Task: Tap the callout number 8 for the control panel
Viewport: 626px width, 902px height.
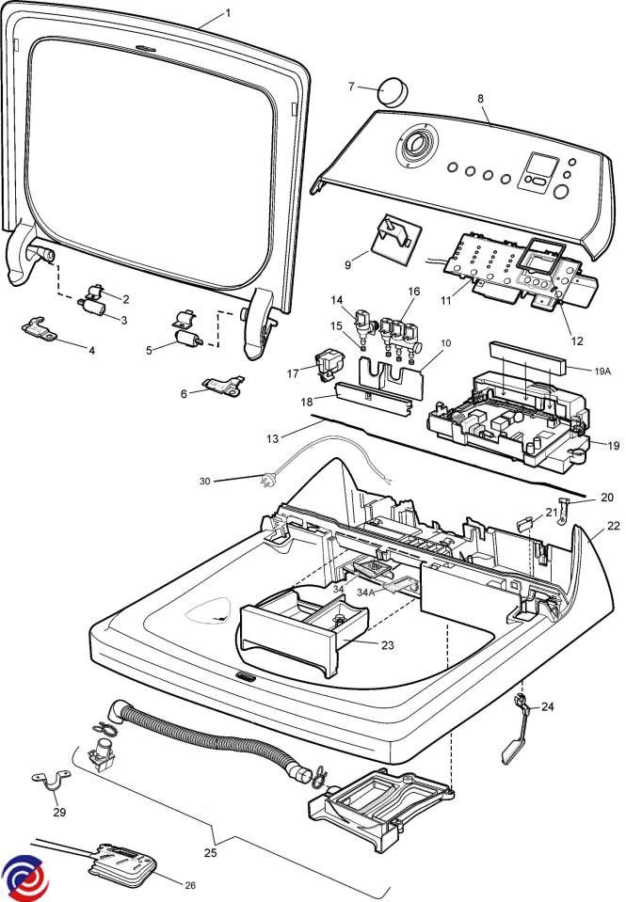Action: (x=480, y=98)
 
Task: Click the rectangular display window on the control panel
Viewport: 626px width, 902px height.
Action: (x=539, y=167)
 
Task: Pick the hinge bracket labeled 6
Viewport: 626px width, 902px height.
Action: (x=222, y=385)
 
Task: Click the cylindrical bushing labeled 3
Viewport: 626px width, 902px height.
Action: (x=93, y=308)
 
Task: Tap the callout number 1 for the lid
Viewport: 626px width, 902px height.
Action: (x=227, y=13)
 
